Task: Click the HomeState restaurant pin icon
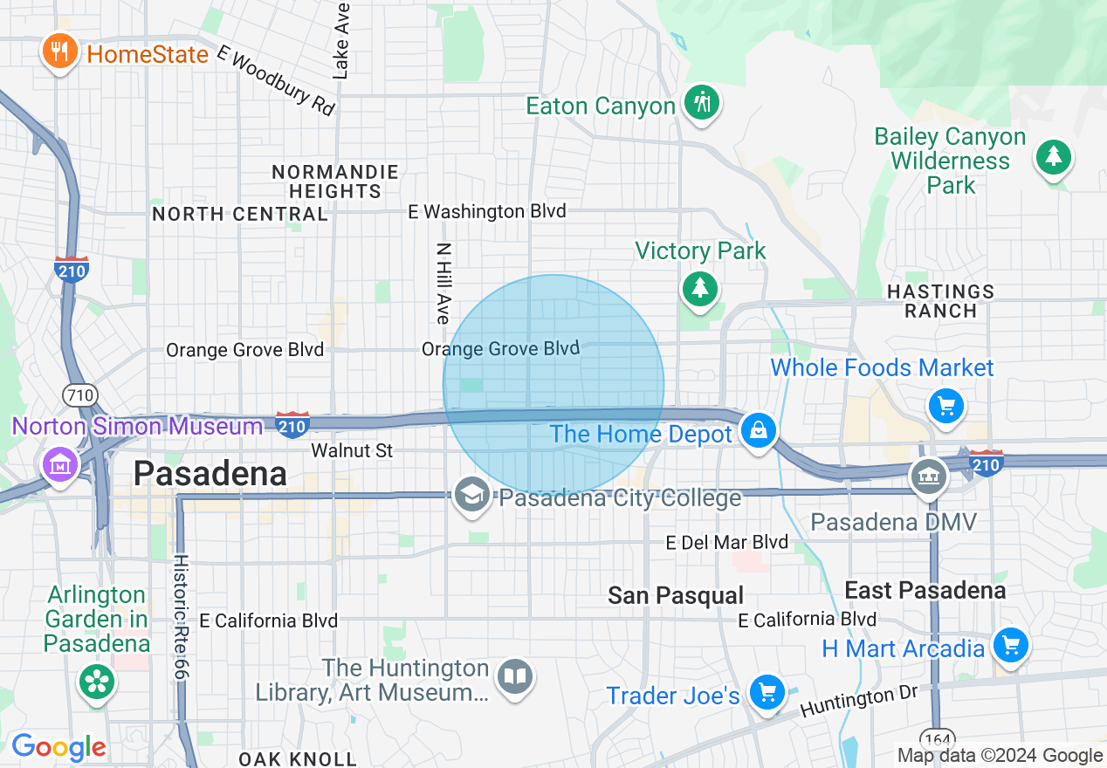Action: [x=59, y=51]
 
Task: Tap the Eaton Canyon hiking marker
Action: [x=701, y=102]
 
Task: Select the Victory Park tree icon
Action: [x=699, y=288]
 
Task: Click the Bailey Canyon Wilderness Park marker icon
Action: [x=1054, y=157]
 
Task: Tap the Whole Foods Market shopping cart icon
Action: [x=946, y=405]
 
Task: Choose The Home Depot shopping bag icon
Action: [x=759, y=430]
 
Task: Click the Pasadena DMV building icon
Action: [x=929, y=477]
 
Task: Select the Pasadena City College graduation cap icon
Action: [x=472, y=496]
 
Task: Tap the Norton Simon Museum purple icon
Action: [x=59, y=463]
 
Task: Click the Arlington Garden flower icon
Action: [x=96, y=682]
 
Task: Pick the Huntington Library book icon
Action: [x=515, y=676]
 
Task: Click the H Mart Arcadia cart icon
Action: [x=1011, y=647]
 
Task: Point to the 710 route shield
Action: [x=79, y=395]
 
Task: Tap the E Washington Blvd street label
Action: [x=488, y=211]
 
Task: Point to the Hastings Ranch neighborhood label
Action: [x=940, y=301]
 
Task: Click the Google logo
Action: [x=58, y=748]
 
